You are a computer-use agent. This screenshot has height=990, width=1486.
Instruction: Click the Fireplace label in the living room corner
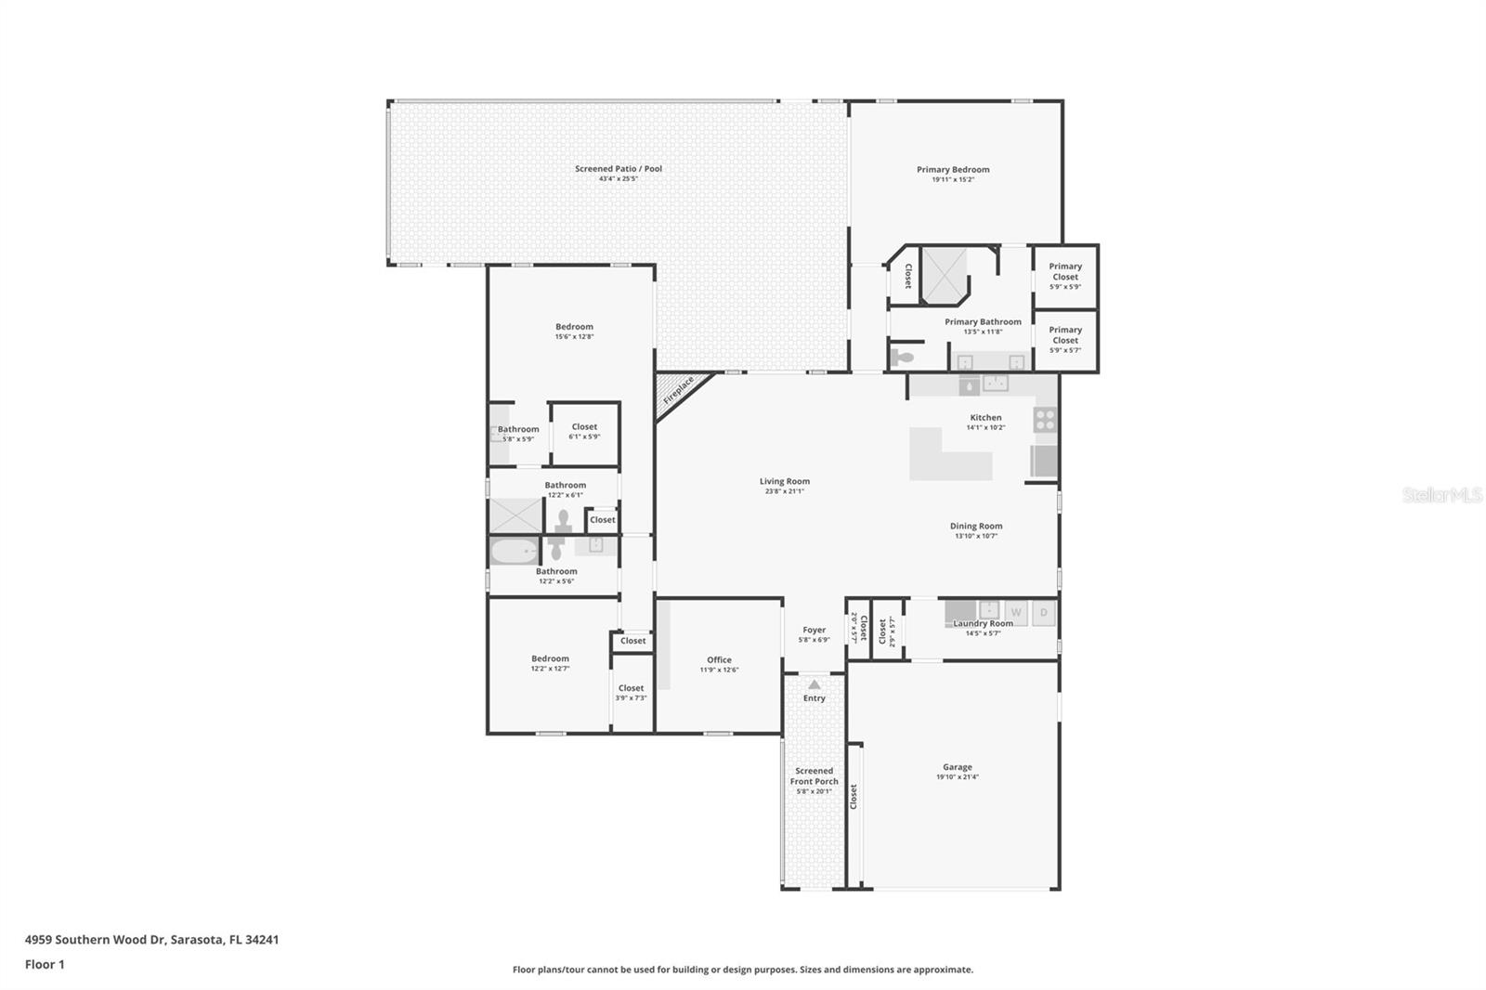coord(679,390)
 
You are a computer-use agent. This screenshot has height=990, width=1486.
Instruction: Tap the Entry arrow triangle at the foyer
coord(815,684)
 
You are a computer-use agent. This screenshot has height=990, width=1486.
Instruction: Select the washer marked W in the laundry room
coord(1016,612)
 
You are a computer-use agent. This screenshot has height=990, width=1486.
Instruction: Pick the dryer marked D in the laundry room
coord(1044,612)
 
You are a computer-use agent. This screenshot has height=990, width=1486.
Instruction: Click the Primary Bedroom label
coord(953,169)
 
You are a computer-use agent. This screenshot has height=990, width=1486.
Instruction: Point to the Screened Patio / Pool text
coord(618,168)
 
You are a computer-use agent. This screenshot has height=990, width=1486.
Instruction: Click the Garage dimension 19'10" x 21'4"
coord(957,777)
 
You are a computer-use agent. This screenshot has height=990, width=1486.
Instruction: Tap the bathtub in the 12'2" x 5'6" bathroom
coord(514,553)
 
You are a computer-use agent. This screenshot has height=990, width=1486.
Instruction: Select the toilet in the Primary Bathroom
coord(902,357)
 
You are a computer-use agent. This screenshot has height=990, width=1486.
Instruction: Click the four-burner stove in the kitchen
coord(1045,420)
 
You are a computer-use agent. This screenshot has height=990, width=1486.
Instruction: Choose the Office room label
coord(719,659)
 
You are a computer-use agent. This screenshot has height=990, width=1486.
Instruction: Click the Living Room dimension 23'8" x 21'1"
coord(784,491)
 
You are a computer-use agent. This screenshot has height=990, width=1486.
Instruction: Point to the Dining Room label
coord(975,526)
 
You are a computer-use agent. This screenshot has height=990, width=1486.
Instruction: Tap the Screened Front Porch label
coord(814,775)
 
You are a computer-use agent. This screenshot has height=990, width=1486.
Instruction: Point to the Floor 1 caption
coord(45,964)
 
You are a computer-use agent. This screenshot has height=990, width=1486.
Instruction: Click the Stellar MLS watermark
coord(1441,495)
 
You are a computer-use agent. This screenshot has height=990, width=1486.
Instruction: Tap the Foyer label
coord(814,630)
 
